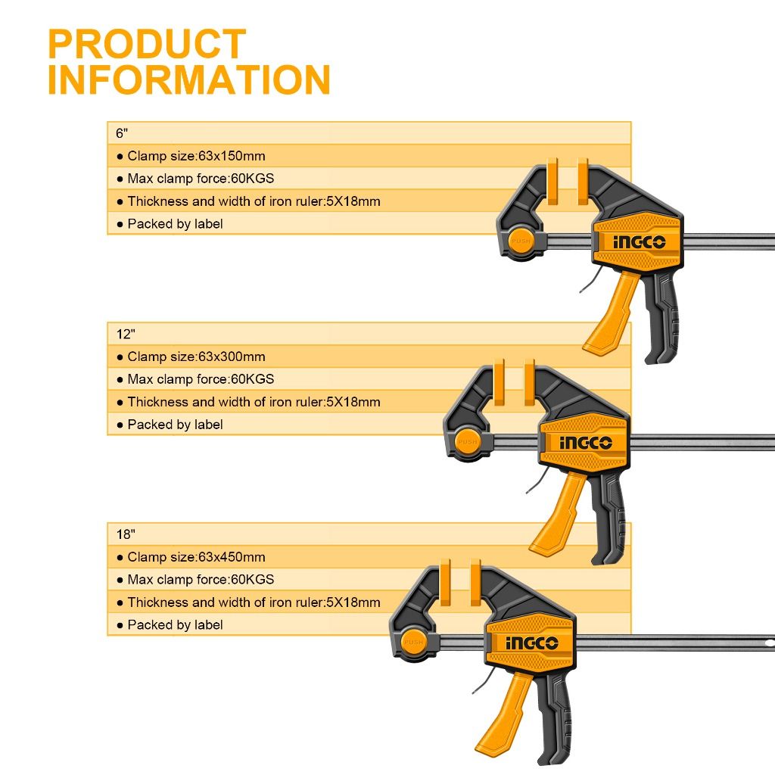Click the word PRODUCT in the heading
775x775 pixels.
click(147, 44)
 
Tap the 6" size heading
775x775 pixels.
click(122, 133)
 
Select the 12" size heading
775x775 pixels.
click(126, 334)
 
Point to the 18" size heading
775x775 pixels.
click(126, 534)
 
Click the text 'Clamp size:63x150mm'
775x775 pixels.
click(196, 156)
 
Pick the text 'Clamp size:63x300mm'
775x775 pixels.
click(196, 356)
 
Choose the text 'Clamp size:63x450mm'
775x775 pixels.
click(196, 557)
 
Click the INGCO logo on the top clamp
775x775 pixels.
click(639, 241)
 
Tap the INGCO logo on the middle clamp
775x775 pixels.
click(586, 442)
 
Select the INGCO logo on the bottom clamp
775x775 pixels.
click(532, 643)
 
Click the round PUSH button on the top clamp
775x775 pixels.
click(521, 241)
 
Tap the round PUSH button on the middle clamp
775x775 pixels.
click(468, 442)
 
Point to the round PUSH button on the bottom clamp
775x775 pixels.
click(414, 642)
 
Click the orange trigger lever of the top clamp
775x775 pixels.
click(612, 316)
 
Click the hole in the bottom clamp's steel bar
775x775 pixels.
click(770, 643)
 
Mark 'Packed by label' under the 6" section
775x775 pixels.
click(175, 224)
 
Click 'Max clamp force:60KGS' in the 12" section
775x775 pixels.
click(201, 379)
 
